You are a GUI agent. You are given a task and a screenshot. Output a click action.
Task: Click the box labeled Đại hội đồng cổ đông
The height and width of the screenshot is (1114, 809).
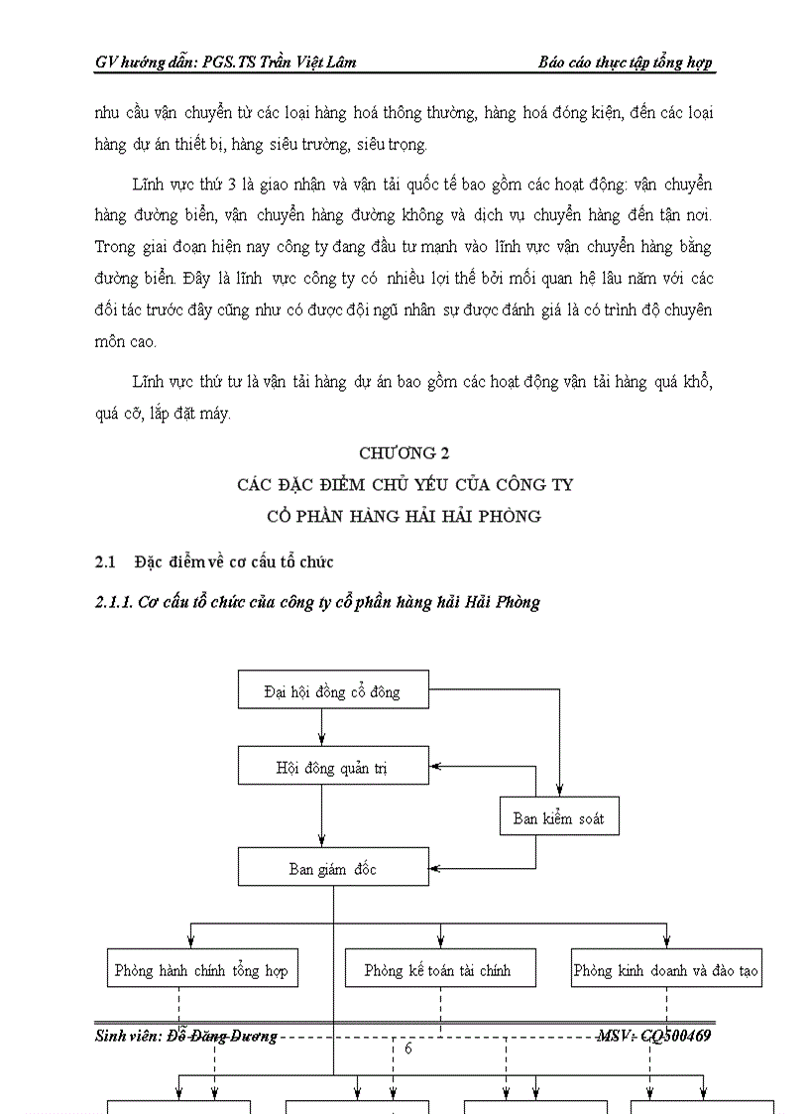click(333, 690)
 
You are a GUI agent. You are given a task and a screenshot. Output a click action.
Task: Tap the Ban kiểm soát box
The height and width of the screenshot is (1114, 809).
click(558, 818)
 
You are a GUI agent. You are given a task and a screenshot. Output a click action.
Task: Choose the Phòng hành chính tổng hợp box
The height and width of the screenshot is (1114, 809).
click(201, 970)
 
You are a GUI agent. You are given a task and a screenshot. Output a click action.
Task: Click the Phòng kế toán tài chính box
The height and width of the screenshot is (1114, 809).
click(440, 970)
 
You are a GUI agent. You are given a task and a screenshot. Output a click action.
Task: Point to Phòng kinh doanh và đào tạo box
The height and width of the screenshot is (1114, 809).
click(666, 970)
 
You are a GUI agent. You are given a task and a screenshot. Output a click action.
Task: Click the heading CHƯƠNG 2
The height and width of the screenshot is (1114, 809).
click(404, 453)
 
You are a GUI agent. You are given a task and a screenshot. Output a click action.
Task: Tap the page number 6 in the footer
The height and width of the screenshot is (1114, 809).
click(408, 1050)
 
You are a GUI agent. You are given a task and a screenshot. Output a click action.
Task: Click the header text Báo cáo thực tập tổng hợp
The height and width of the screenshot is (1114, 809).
click(626, 62)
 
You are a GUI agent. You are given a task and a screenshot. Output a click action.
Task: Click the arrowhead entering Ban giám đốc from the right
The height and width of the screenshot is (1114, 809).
click(437, 869)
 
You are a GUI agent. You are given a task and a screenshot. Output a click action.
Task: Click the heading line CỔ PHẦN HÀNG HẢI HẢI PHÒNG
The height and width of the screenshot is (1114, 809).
click(404, 517)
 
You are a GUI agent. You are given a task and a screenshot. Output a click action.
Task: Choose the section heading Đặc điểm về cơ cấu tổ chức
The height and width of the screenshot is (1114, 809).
click(234, 562)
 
